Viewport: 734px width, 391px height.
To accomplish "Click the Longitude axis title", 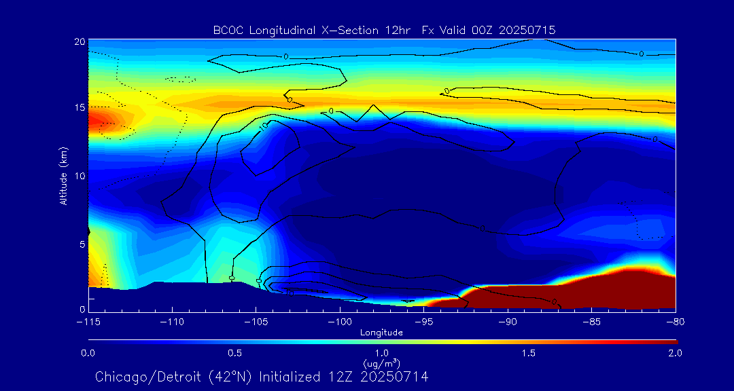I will pos(381,332).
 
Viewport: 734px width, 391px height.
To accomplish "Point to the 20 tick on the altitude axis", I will pos(80,41).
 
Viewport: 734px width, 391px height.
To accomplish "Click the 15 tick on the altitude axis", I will pos(80,108).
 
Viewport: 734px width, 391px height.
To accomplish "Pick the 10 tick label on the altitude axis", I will pos(80,175).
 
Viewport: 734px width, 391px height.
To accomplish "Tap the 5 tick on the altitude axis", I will pos(82,242).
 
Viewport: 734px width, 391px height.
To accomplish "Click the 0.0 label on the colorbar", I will pos(88,353).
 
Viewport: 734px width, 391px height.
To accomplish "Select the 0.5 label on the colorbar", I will pos(235,353).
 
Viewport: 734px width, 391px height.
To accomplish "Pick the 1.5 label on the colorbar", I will pos(529,353).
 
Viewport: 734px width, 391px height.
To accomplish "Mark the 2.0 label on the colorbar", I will pos(674,353).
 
